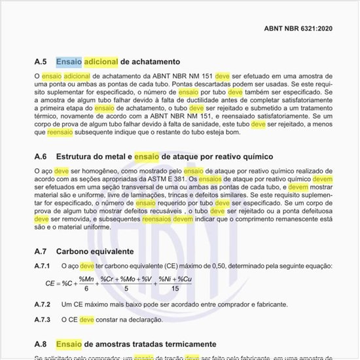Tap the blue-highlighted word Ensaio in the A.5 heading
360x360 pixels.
tap(69, 62)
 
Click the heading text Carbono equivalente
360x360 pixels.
tap(96, 251)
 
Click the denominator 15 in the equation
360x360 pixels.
tap(175, 289)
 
